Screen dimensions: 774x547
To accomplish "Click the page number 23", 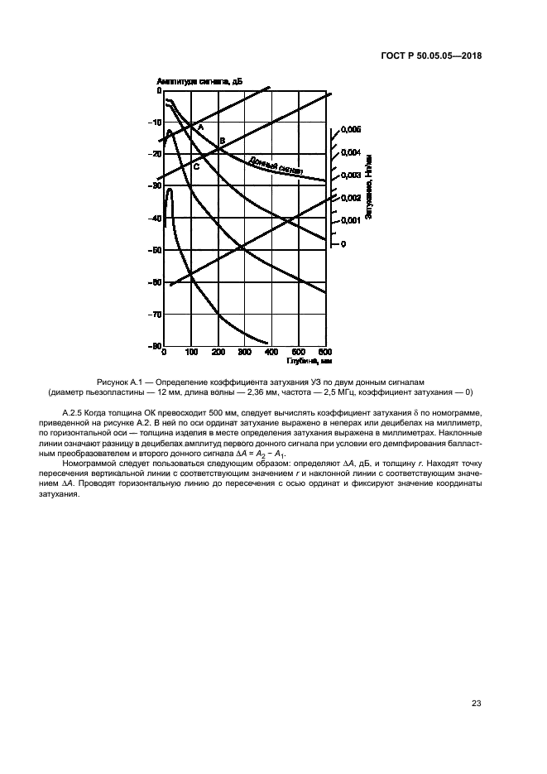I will coord(477,704).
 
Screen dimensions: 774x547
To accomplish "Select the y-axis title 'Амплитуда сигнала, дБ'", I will coord(199,81).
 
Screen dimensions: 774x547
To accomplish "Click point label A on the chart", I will coord(200,127).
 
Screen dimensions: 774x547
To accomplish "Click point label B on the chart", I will coord(222,141).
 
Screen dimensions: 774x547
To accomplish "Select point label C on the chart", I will coord(196,166).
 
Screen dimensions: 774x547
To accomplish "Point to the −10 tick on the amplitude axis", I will coord(155,123).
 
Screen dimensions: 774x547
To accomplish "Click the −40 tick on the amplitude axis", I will coord(155,219).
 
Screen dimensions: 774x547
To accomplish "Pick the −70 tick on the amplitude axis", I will coord(155,315).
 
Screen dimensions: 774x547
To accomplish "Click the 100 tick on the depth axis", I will coord(191,353).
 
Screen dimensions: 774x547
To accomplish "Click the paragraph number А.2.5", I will coord(77,411).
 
